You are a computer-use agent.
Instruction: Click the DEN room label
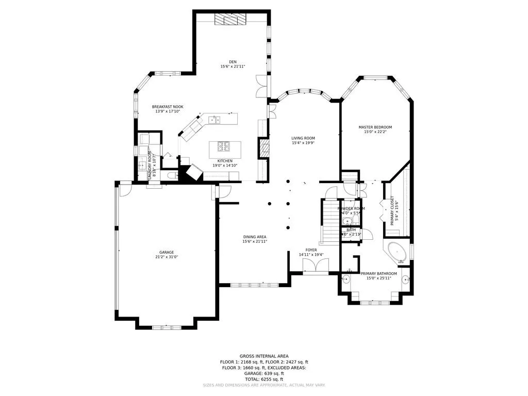click(x=233, y=61)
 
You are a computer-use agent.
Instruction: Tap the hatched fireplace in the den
click(x=230, y=19)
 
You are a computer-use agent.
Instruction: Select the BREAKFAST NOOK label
click(x=168, y=107)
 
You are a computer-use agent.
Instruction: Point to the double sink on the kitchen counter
click(x=214, y=120)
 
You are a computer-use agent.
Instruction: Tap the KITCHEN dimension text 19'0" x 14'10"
click(x=225, y=166)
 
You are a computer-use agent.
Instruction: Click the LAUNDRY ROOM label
click(x=150, y=164)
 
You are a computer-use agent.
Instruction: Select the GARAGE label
click(x=166, y=252)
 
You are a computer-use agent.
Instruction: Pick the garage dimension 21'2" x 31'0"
click(x=166, y=257)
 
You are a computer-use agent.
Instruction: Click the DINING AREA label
click(x=255, y=237)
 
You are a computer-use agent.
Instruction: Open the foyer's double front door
click(x=314, y=266)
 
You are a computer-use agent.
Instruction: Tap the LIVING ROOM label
click(x=303, y=138)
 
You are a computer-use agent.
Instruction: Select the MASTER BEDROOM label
click(x=375, y=127)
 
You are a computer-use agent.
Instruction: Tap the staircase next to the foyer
click(x=328, y=222)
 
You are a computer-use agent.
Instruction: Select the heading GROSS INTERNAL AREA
click(x=264, y=356)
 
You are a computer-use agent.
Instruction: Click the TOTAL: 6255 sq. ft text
click(x=264, y=379)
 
